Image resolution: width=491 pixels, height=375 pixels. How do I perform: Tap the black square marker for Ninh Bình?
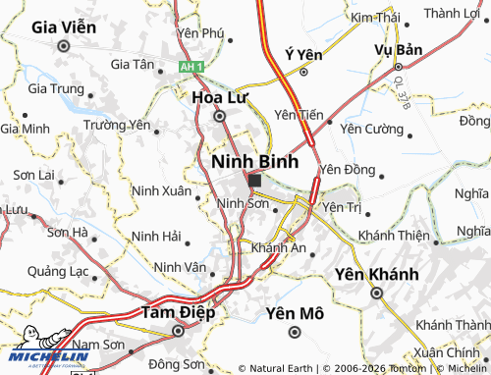click(x=255, y=181)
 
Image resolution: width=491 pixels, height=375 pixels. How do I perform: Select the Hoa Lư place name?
click(x=219, y=97)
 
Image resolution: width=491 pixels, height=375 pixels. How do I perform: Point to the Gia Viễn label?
click(x=64, y=27)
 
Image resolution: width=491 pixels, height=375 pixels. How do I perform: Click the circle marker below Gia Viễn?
click(x=64, y=45)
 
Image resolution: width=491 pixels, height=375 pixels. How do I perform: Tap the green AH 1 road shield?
click(x=191, y=66)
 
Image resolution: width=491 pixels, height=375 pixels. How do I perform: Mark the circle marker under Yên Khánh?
click(x=376, y=293)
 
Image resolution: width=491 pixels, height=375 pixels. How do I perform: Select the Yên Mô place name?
click(x=295, y=313)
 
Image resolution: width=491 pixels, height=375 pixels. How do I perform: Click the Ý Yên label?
click(x=302, y=53)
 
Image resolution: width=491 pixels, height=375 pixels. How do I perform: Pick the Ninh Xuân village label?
click(x=161, y=189)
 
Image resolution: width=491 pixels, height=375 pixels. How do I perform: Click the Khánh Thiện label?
click(x=395, y=236)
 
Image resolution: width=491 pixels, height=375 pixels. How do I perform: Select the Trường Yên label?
click(x=116, y=125)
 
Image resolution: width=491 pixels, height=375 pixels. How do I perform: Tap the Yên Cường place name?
click(x=370, y=129)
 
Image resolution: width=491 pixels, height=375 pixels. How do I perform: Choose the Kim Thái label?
click(x=375, y=18)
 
